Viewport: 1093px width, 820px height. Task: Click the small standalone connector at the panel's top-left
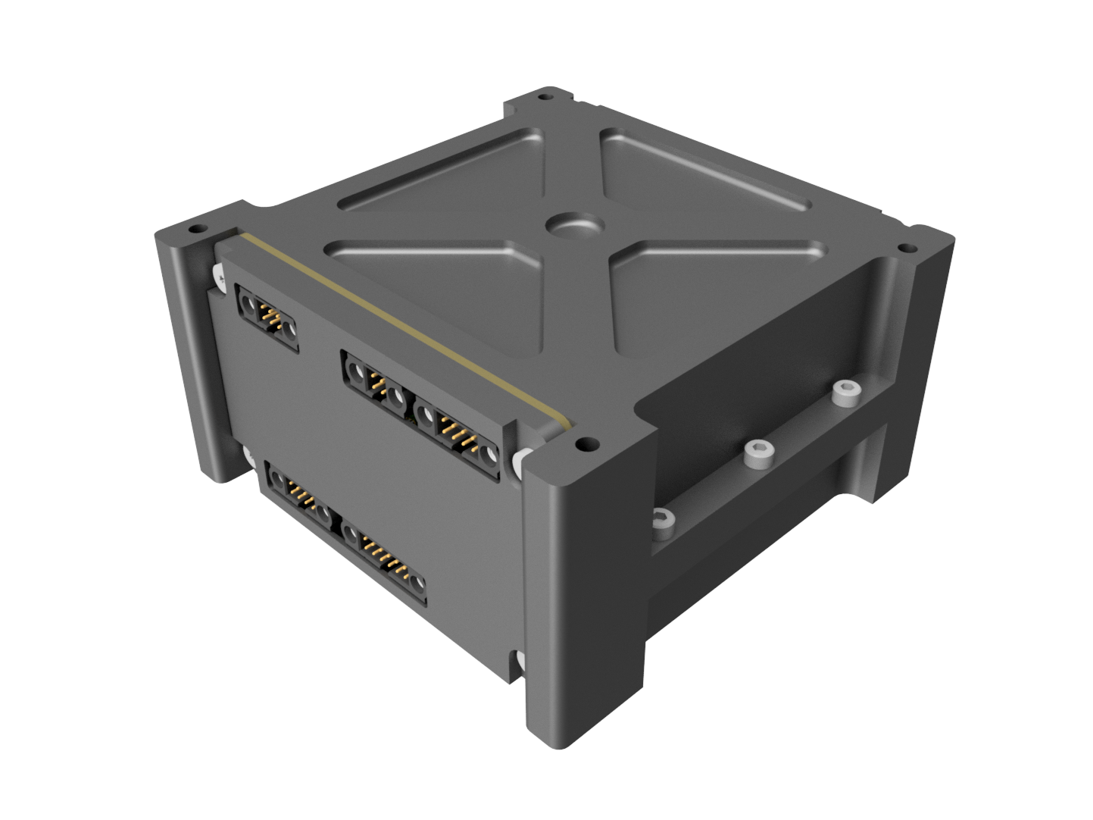click(267, 318)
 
